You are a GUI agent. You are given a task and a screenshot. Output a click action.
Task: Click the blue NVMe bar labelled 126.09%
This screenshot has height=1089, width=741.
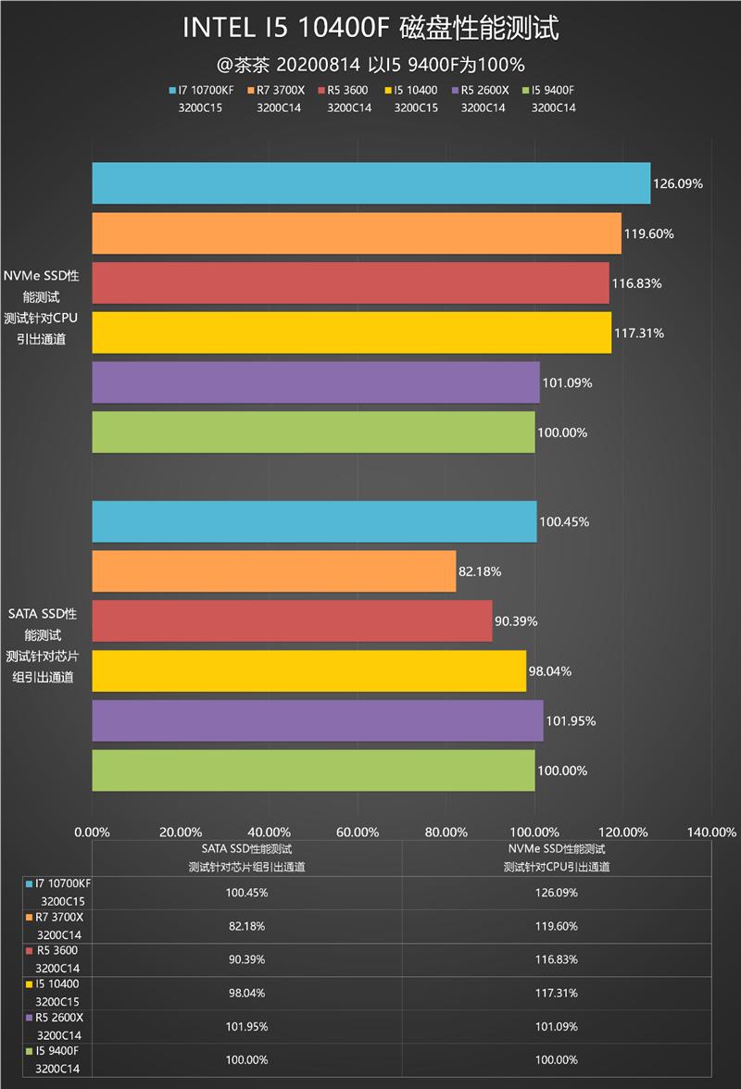point(370,183)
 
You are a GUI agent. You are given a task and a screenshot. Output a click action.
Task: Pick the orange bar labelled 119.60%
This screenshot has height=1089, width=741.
point(357,233)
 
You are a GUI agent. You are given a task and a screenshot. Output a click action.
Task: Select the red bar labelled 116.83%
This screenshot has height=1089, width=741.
point(350,283)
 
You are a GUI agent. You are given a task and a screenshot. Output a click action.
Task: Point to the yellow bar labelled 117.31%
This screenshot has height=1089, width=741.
point(351,332)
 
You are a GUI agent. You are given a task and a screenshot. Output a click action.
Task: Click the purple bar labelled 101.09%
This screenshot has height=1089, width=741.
point(315,382)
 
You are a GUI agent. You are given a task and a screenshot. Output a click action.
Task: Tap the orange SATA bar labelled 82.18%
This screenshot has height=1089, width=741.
point(274,571)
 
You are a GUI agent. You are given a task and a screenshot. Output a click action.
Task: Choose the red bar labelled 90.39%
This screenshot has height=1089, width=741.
point(292,620)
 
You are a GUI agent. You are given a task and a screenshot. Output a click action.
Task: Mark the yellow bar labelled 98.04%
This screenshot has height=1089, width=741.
point(308,670)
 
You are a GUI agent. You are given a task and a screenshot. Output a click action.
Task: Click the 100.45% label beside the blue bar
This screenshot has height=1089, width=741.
point(564,521)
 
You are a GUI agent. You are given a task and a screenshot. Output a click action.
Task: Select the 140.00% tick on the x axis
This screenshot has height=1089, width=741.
point(711,832)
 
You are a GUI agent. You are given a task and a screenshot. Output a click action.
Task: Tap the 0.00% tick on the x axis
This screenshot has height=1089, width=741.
point(92,832)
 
